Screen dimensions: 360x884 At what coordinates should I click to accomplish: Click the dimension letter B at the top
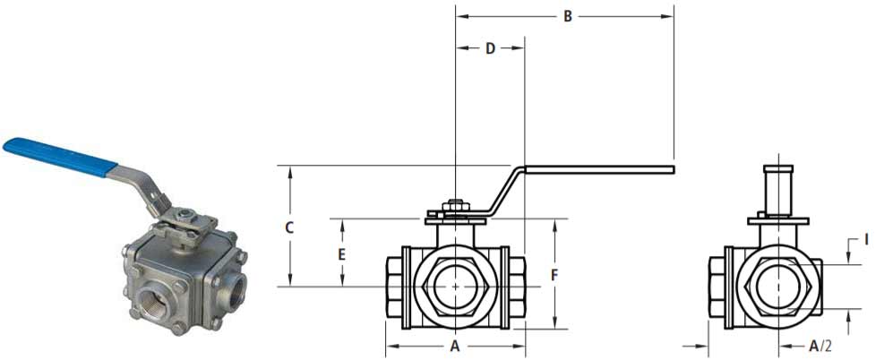[x=566, y=16]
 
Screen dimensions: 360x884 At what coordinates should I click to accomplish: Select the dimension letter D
[x=490, y=48]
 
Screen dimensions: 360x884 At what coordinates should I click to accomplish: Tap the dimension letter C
[x=289, y=227]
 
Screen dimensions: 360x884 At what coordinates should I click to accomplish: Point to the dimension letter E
[x=341, y=254]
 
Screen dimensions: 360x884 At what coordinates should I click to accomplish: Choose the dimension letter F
[x=555, y=275]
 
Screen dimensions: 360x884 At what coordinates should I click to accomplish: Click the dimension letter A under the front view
[x=454, y=345]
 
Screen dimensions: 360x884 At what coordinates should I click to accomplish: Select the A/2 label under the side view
[x=819, y=345]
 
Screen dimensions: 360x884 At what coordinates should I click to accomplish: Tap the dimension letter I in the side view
[x=865, y=239]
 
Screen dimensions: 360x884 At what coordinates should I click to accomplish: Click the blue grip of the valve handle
[x=59, y=156]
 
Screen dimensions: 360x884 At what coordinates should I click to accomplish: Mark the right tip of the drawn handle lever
[x=671, y=168]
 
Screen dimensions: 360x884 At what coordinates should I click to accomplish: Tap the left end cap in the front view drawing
[x=394, y=287]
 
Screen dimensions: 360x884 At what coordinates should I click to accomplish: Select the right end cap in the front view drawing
[x=518, y=287]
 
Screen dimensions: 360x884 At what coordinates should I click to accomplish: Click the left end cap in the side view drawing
[x=717, y=287]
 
